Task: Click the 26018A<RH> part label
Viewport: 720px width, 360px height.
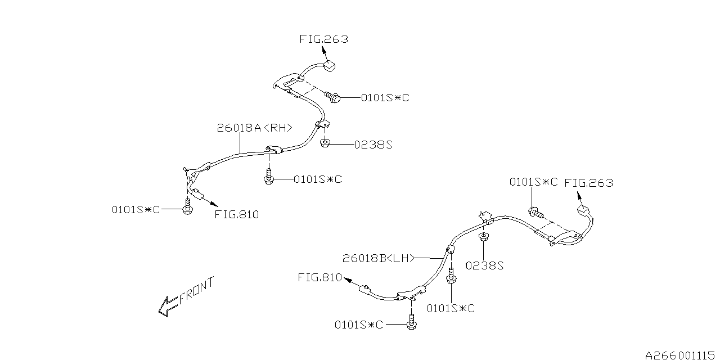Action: pos(255,128)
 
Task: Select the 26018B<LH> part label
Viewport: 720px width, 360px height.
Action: pos(379,258)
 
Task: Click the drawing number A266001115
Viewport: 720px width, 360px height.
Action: pos(681,355)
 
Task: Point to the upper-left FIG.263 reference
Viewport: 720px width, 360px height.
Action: pos(323,39)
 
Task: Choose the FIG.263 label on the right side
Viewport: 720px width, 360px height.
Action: pos(588,183)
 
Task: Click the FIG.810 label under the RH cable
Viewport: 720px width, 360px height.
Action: pos(237,214)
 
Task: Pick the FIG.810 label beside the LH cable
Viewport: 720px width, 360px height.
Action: pos(319,277)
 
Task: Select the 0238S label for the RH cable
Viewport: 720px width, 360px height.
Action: pos(372,145)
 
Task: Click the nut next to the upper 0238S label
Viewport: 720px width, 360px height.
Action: pos(325,143)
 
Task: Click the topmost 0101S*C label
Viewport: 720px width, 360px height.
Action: pos(385,98)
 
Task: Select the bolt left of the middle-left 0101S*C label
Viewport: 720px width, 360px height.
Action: pos(269,178)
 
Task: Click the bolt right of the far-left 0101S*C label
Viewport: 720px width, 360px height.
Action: pos(187,209)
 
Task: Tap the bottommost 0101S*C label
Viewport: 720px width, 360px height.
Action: pos(359,325)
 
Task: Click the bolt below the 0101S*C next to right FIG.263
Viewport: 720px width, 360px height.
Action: pos(535,213)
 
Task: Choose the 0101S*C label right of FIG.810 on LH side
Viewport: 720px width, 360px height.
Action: pos(451,308)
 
